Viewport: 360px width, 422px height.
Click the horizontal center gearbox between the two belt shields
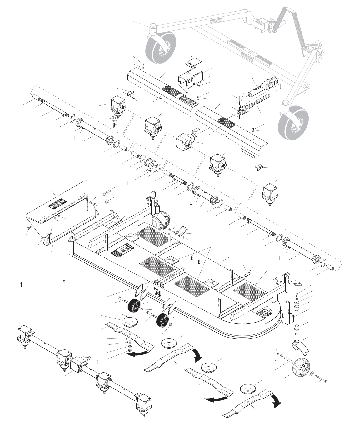point(187,140)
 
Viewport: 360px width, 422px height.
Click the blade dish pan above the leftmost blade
point(127,322)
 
